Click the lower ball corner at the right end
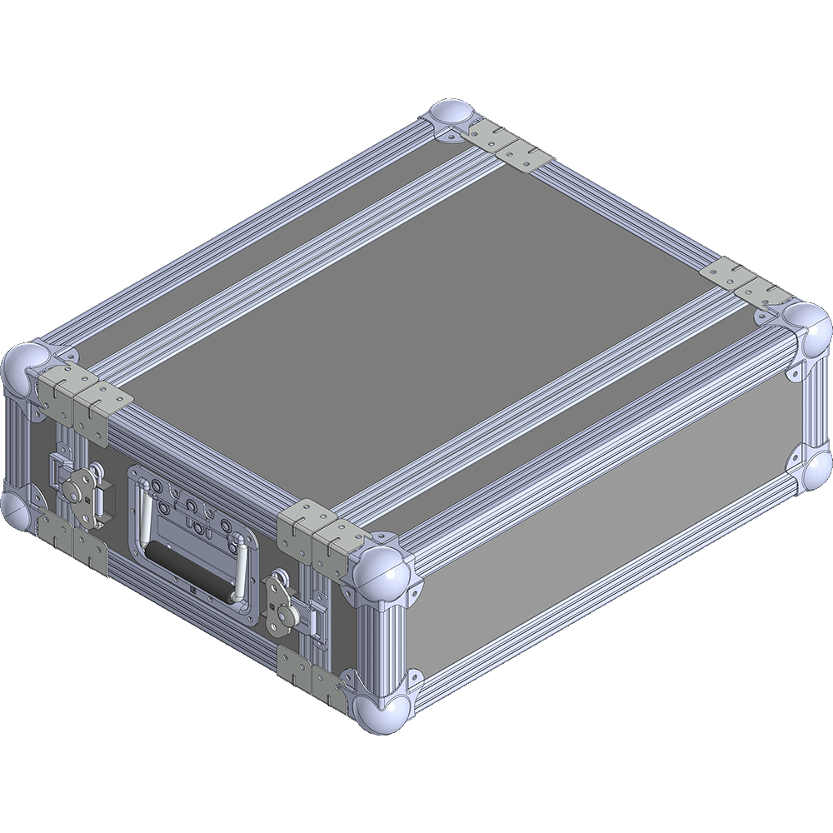(x=817, y=470)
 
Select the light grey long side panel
(x=608, y=533)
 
